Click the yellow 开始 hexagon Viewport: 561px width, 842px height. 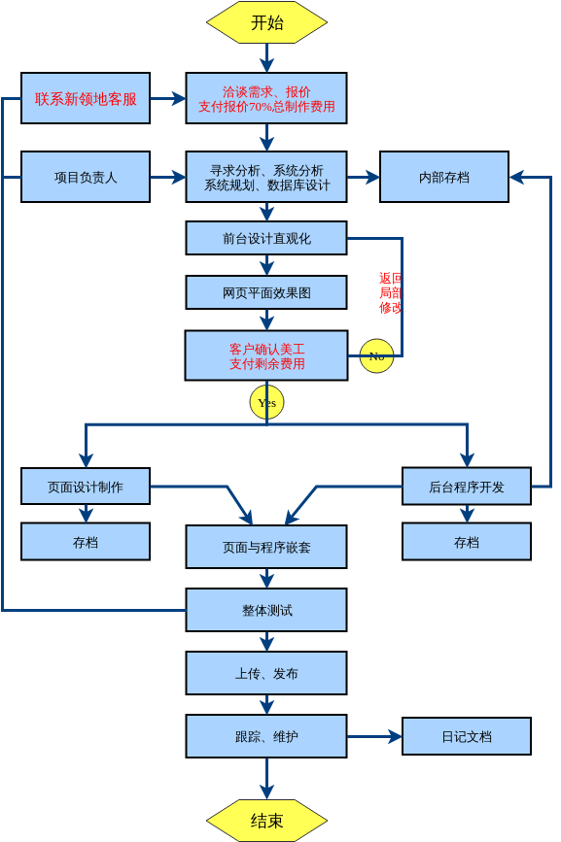(x=266, y=22)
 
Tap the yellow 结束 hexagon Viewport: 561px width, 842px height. (x=266, y=821)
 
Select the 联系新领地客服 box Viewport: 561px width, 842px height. (x=86, y=98)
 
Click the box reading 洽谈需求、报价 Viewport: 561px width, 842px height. (x=266, y=98)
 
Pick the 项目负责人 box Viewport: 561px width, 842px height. (x=86, y=177)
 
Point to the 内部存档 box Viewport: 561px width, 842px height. (x=443, y=177)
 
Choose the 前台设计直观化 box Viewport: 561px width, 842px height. (x=266, y=238)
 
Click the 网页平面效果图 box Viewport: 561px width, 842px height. (x=266, y=292)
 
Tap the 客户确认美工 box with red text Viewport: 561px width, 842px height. (x=266, y=355)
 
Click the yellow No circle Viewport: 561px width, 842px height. (x=376, y=355)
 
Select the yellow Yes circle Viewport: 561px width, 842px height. (x=266, y=402)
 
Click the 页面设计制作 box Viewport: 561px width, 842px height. (x=86, y=487)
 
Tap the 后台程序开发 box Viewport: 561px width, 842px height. (x=467, y=487)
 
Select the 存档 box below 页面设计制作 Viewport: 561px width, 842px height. (x=86, y=542)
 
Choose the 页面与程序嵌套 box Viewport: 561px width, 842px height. (x=266, y=547)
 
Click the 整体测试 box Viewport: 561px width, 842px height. (x=266, y=610)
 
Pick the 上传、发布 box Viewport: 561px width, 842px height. (x=266, y=673)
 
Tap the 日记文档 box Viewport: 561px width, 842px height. (x=467, y=736)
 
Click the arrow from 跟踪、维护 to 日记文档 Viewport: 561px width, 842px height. (x=374, y=736)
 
